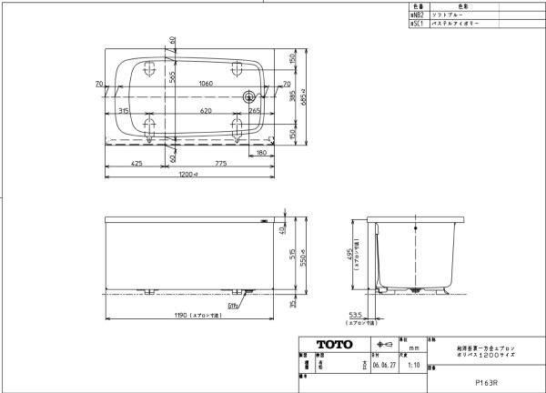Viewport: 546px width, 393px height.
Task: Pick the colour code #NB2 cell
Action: click(414, 15)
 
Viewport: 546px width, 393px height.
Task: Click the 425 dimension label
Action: click(136, 165)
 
